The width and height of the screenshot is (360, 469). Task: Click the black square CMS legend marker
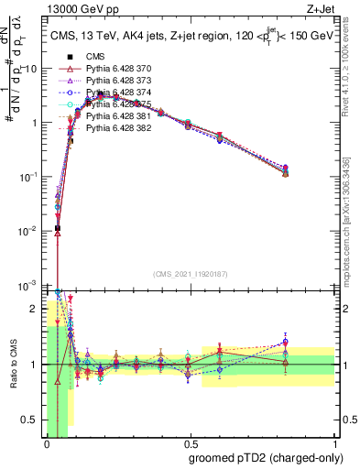(70, 57)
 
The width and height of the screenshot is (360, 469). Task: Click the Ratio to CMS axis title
(13, 365)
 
